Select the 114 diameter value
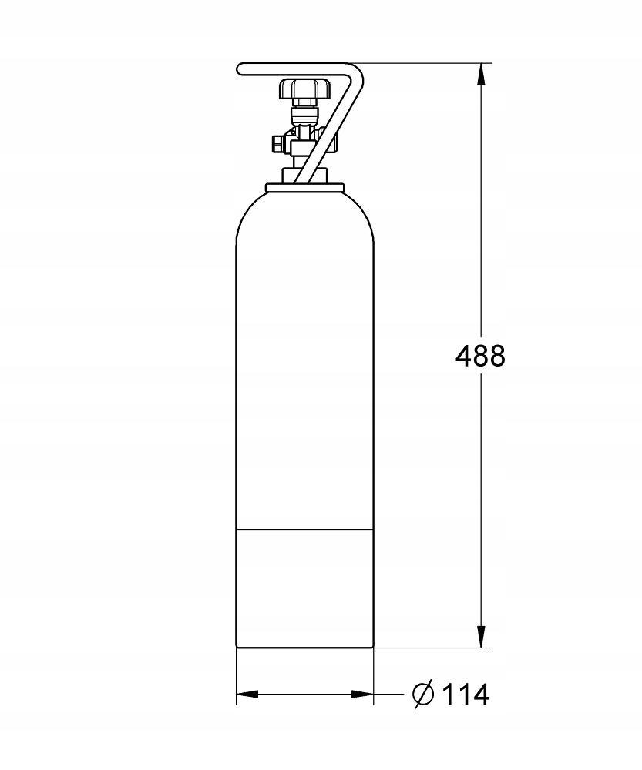click(x=465, y=695)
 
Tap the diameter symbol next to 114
click(x=423, y=695)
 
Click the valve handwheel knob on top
click(x=305, y=89)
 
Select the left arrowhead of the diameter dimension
click(x=247, y=695)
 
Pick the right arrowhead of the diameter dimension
click(x=362, y=695)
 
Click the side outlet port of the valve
click(x=277, y=145)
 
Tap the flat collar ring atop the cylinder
click(x=304, y=188)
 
